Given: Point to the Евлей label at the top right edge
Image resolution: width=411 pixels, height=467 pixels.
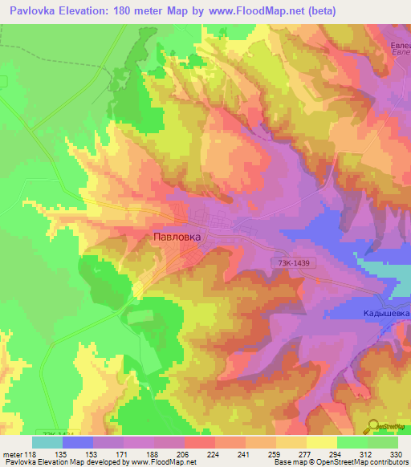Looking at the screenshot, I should point(400,47).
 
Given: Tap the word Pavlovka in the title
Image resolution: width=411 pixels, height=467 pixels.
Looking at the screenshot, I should point(31,11).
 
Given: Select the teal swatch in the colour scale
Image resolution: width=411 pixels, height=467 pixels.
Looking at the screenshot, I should point(47,441).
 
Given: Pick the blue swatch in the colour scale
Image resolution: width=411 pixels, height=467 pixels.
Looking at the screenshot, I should point(78,441).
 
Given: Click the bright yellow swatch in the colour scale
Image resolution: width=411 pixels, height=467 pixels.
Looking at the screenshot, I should point(322,441).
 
